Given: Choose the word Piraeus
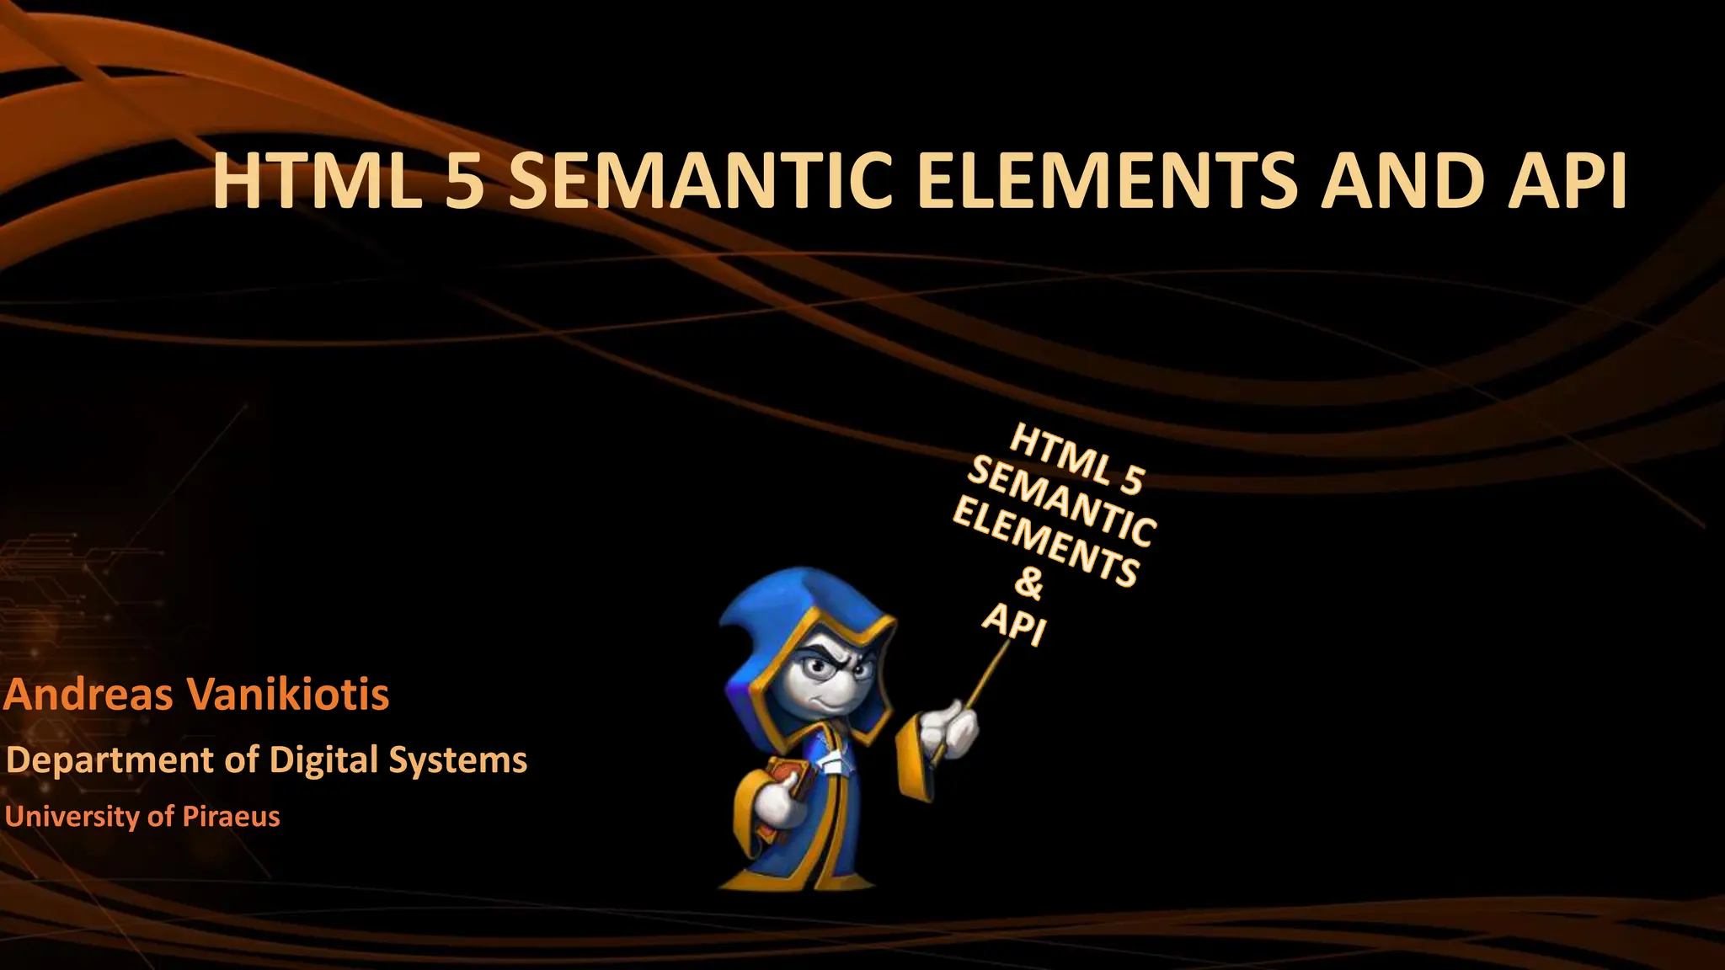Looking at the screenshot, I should (x=232, y=816).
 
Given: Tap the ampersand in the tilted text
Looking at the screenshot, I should (x=1028, y=583).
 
